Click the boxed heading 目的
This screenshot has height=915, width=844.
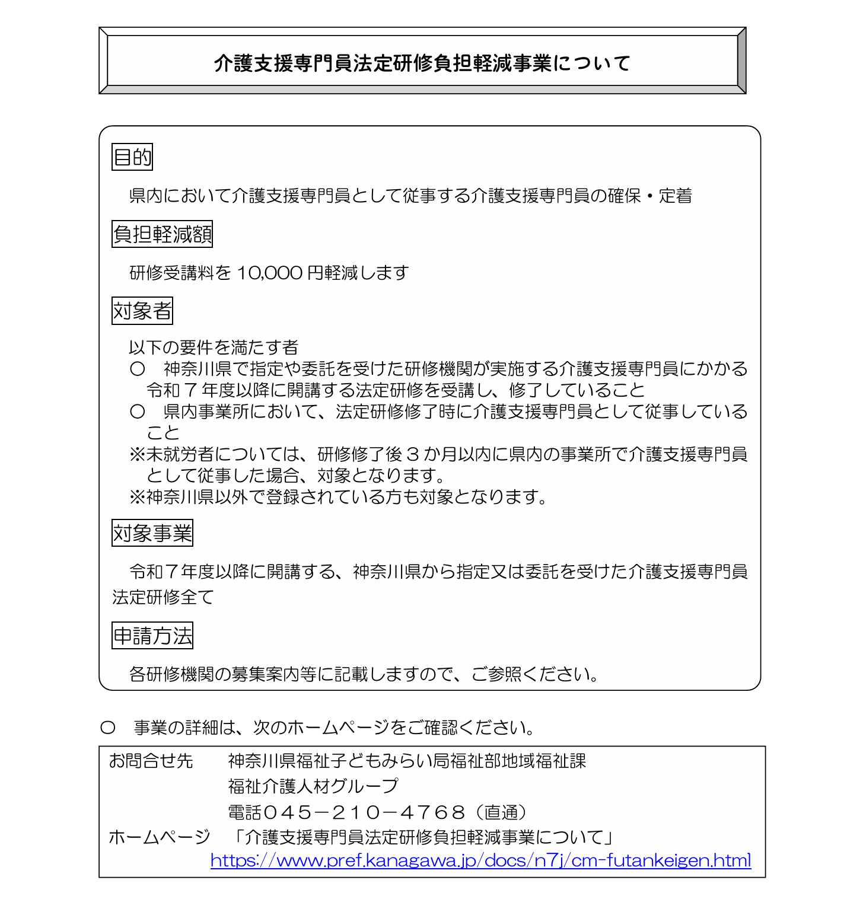click(132, 157)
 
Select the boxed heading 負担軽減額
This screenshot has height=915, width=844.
click(162, 234)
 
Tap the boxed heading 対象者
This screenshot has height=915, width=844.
click(142, 311)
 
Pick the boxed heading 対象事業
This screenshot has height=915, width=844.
click(152, 533)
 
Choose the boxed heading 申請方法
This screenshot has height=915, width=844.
click(152, 636)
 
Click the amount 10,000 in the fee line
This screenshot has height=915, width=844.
click(269, 273)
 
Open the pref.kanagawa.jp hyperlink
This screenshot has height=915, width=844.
click(480, 860)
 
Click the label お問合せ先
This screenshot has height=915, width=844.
click(151, 761)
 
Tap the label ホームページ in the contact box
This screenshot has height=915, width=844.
click(159, 837)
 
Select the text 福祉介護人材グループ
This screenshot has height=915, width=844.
click(313, 786)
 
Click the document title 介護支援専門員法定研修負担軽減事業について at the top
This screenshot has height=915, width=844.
click(422, 63)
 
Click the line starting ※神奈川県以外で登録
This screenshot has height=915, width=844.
click(338, 496)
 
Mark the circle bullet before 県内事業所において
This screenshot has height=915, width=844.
click(137, 412)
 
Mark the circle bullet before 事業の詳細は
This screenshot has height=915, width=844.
click(107, 728)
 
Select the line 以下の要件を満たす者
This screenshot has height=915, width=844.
click(214, 347)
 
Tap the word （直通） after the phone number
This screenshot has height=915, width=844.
click(501, 812)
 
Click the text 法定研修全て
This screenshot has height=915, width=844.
click(163, 597)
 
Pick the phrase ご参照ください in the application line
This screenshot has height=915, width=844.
click(534, 674)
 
